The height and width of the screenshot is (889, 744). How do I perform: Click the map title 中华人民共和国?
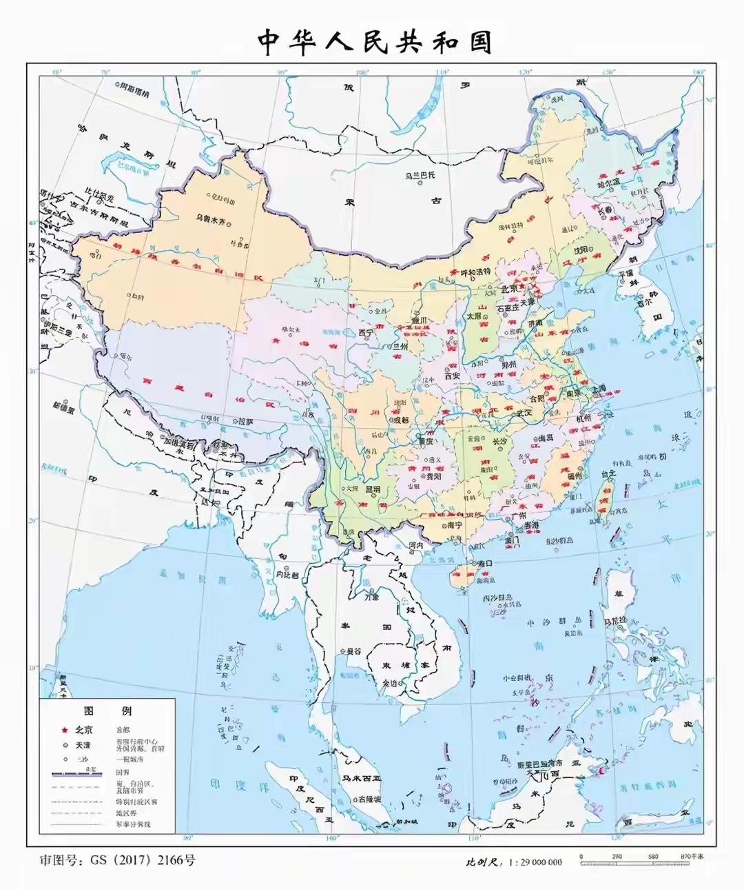click(x=375, y=42)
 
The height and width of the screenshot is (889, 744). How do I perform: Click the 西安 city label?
click(x=452, y=376)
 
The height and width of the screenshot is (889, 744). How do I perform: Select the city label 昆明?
click(x=373, y=489)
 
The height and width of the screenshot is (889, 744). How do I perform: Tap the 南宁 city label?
click(x=454, y=524)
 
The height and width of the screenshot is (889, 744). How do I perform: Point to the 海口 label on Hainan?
click(x=485, y=563)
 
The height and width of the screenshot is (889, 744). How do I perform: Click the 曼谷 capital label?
click(x=353, y=651)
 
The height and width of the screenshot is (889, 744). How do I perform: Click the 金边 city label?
click(x=389, y=684)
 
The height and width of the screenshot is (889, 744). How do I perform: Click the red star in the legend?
click(x=63, y=730)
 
